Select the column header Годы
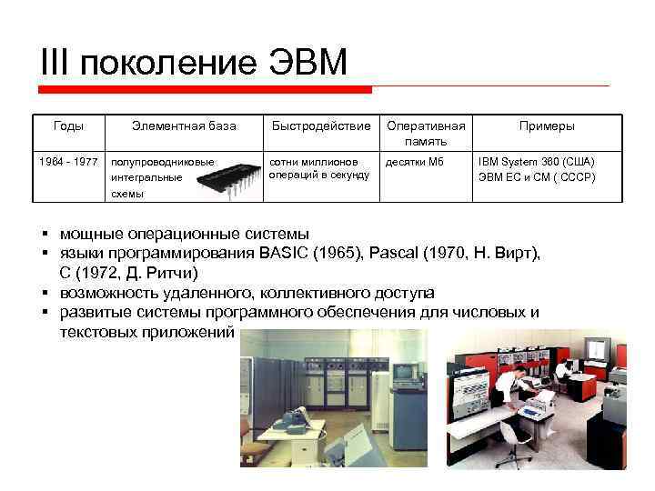pos(68,125)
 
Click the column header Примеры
pos(547,125)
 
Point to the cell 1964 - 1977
pos(68,162)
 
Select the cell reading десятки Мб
pos(414,162)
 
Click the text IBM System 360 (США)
pos(537,162)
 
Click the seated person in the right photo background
pos(564,368)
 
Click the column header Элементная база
pos(184,125)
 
